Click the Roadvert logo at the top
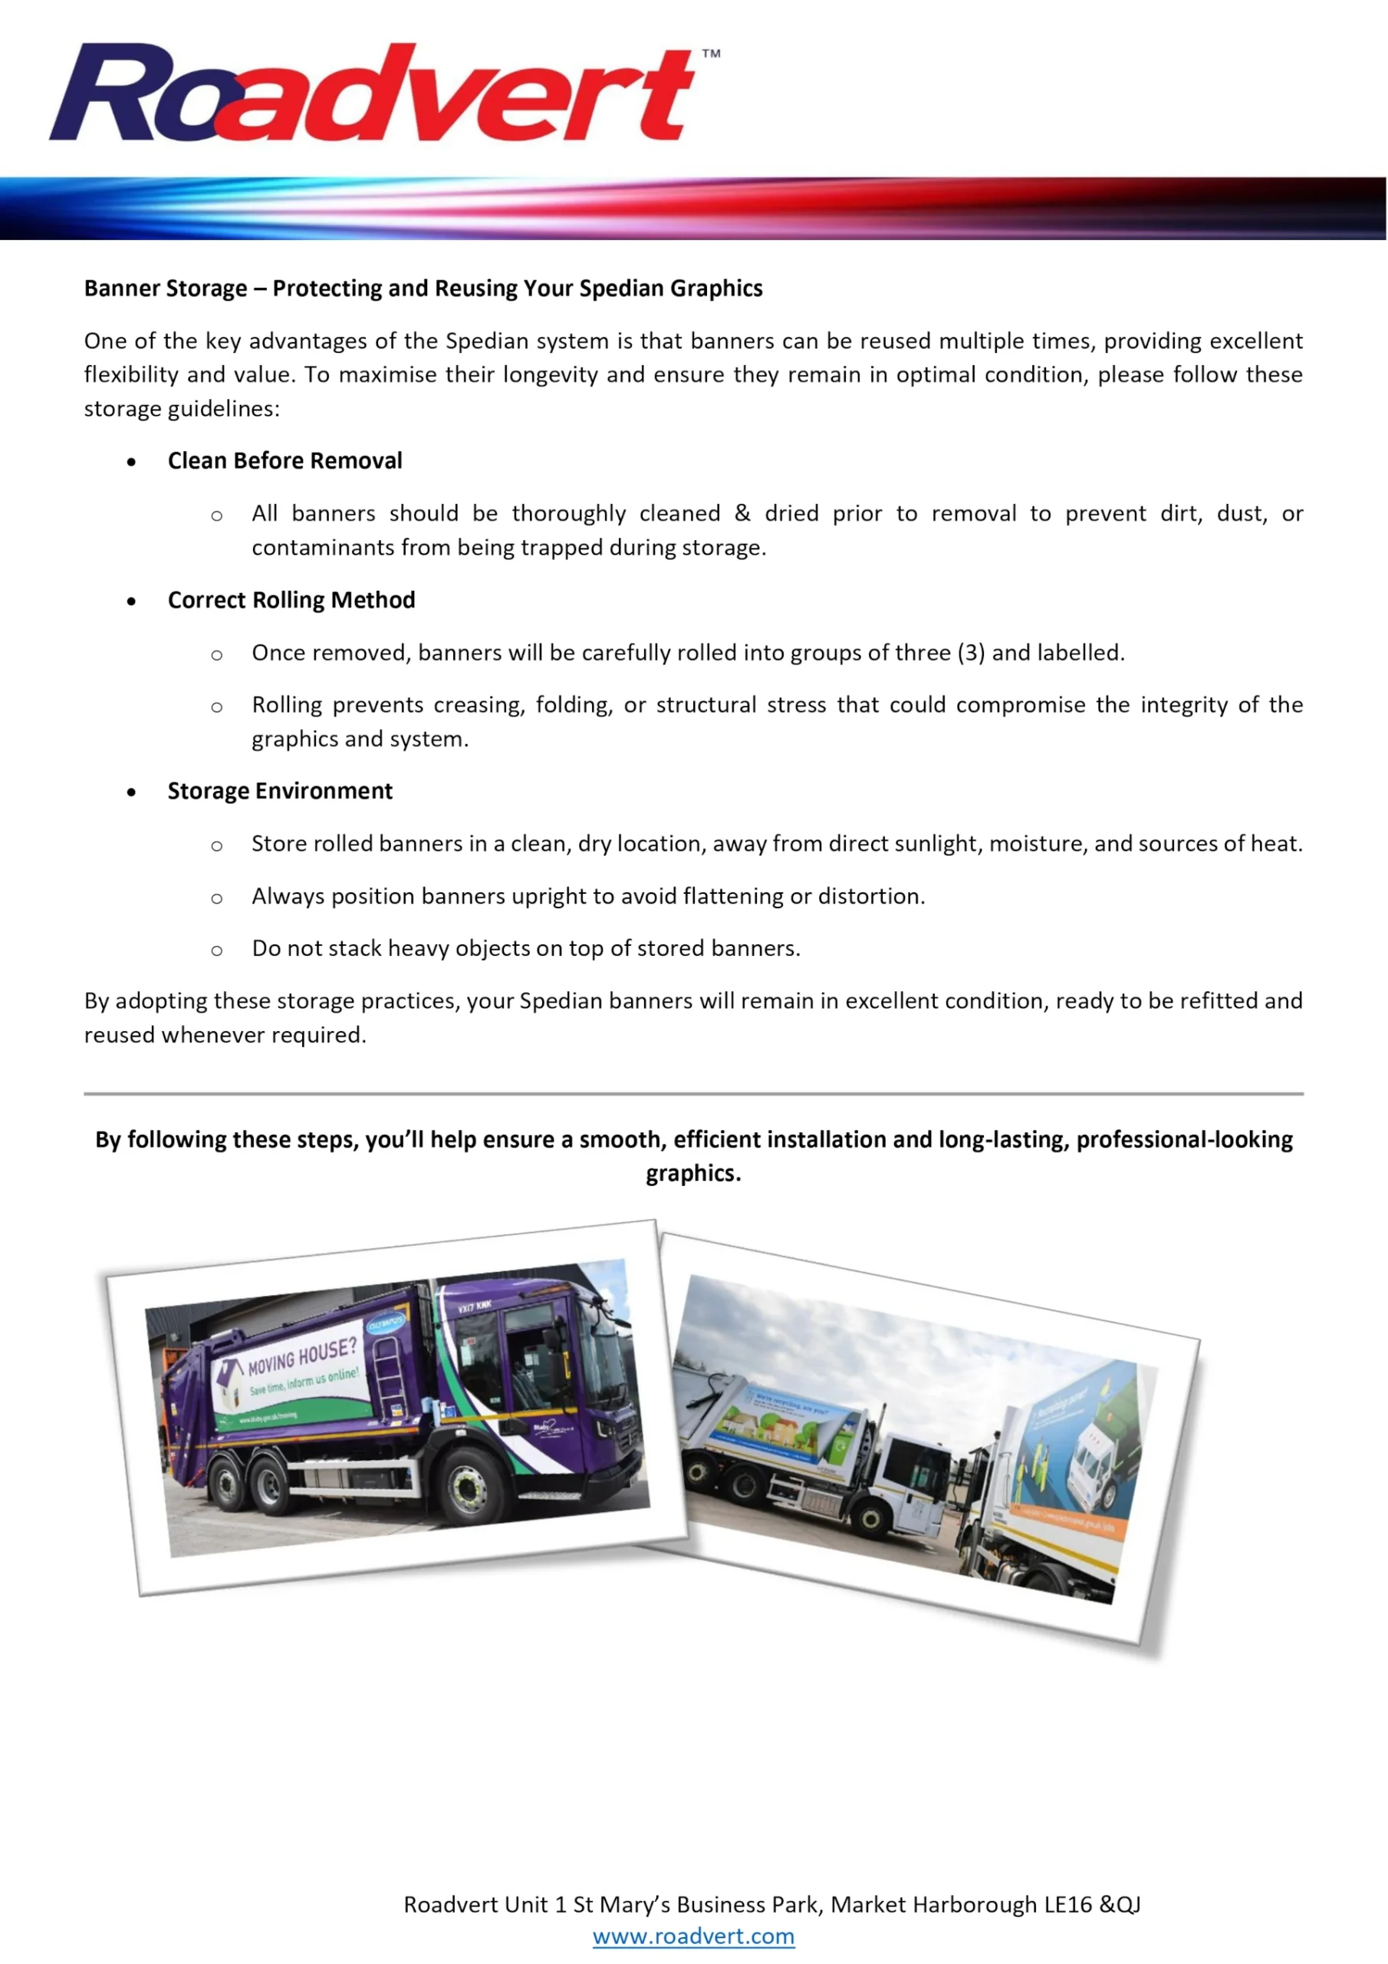click(x=372, y=92)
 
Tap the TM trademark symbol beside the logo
click(x=711, y=54)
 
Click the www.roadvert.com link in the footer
click(x=692, y=1936)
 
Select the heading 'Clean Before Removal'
click(x=285, y=461)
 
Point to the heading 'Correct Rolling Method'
click(x=291, y=601)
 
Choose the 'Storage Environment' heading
click(x=280, y=791)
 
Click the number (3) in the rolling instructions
click(x=972, y=654)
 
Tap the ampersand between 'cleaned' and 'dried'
click(x=742, y=514)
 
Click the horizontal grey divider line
click(x=692, y=1094)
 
